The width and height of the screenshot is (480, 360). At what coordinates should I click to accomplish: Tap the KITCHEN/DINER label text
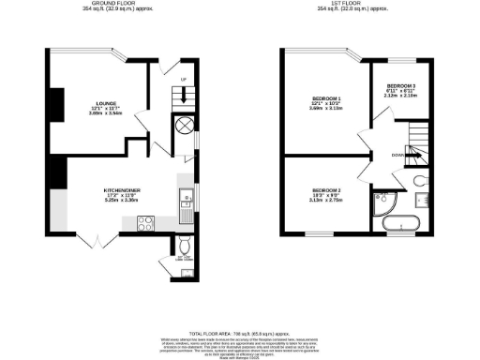click(122, 188)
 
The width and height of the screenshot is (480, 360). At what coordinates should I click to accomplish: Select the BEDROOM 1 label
click(326, 97)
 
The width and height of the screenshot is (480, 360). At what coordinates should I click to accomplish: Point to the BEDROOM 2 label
click(325, 190)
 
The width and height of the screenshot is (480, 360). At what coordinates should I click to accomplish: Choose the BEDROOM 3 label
click(400, 85)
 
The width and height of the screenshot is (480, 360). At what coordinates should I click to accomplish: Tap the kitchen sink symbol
click(186, 198)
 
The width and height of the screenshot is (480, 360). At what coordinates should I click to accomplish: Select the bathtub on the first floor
click(402, 223)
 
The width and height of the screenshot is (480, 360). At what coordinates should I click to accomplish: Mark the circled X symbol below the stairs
click(184, 126)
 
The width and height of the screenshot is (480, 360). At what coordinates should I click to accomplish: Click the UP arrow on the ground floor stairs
click(184, 94)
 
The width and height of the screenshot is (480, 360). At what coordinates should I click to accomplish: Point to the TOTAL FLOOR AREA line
click(239, 333)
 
